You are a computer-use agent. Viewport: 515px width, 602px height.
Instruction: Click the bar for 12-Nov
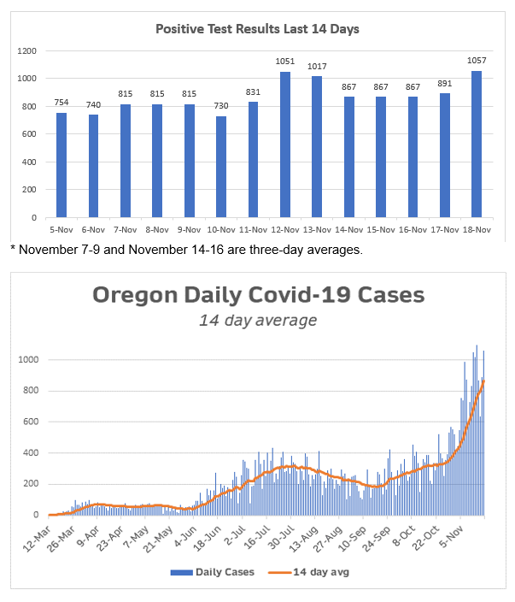click(285, 145)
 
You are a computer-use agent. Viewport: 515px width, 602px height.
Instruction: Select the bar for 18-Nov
click(477, 145)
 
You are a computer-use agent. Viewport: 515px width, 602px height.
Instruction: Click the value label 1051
click(285, 62)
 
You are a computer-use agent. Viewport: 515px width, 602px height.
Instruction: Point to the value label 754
click(61, 103)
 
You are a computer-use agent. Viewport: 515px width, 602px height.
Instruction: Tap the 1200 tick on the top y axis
click(28, 51)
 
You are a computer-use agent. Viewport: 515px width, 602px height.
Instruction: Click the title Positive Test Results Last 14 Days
click(257, 29)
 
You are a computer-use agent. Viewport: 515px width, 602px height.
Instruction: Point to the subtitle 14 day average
click(258, 321)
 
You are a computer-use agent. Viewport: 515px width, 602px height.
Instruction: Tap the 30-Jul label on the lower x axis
click(283, 535)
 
